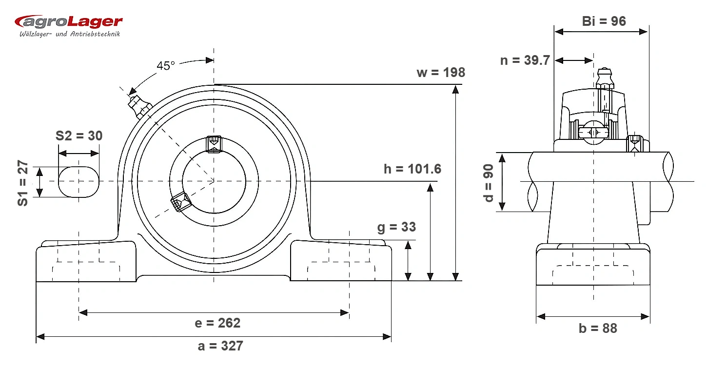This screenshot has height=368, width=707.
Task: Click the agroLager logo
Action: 68,26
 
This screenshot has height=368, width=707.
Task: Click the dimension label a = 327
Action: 220,346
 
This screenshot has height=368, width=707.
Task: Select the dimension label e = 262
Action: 217,323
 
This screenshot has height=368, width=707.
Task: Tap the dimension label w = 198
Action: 441,73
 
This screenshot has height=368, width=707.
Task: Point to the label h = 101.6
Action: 412,169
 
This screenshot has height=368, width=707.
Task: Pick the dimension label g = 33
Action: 396,227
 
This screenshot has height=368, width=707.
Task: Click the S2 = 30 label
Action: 79,136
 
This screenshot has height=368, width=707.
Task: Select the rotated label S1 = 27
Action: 23,183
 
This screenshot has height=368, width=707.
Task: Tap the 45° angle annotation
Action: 165,66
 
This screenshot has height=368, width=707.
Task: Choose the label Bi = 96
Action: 604,21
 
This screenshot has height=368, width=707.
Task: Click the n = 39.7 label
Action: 525,60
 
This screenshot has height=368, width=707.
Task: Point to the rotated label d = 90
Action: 488,183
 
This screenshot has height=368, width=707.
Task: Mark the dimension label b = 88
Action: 598,329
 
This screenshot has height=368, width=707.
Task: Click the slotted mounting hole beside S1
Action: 79,182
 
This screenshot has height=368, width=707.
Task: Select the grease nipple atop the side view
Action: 605,77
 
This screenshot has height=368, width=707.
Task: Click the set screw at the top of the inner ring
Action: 214,144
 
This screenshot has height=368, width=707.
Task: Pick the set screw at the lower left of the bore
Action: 181,202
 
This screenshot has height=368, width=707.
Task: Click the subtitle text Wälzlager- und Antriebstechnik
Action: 70,34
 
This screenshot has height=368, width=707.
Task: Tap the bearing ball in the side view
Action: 593,133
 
